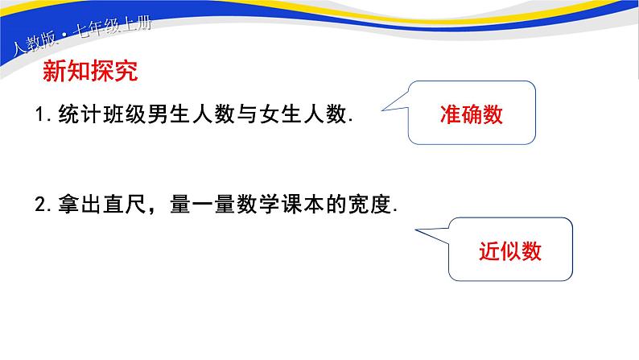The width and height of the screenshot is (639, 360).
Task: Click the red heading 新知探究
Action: coord(89,72)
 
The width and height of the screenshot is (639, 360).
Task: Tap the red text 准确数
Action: coord(472,114)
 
